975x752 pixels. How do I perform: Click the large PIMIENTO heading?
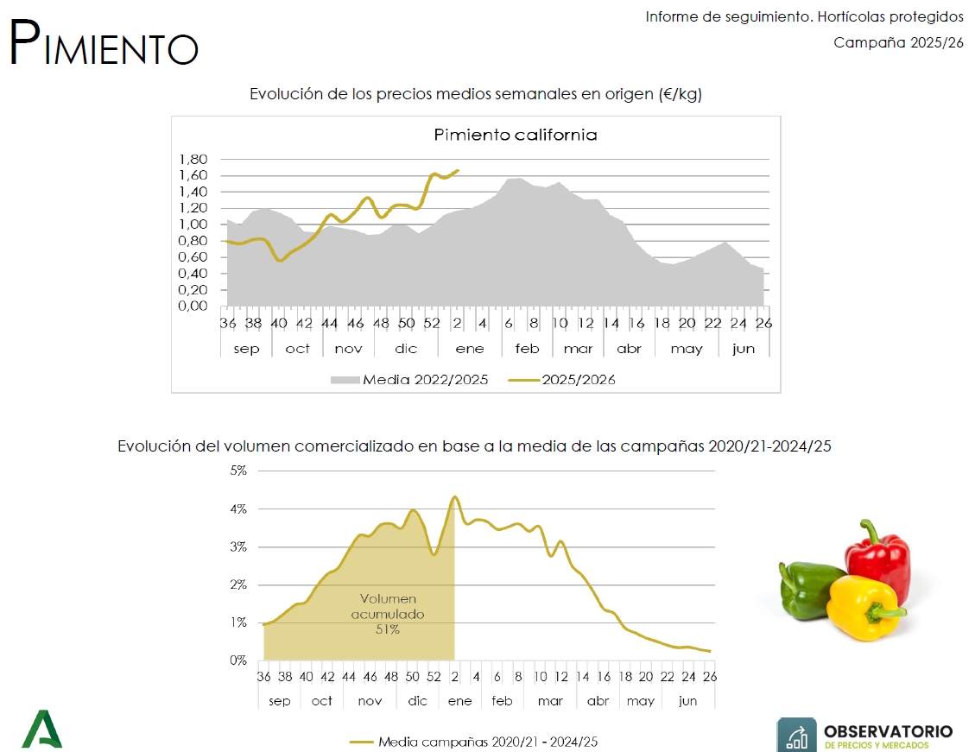[104, 42]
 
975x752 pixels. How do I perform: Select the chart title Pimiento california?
[516, 135]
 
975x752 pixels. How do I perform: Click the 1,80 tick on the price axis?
[193, 159]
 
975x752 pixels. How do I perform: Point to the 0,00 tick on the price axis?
[193, 306]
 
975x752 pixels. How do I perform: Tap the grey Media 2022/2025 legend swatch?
[345, 380]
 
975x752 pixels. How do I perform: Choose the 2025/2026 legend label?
[579, 380]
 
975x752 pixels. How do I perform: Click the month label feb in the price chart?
[527, 349]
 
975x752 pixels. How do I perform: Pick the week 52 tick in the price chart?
[432, 323]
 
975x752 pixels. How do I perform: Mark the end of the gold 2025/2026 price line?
[459, 170]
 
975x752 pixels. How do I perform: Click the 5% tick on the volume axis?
[238, 471]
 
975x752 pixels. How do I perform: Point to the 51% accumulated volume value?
[388, 629]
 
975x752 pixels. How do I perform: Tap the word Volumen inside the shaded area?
[388, 598]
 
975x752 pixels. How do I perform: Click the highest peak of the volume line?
[454, 496]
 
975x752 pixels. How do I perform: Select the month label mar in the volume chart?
[550, 701]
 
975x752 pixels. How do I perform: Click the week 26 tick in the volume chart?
[710, 676]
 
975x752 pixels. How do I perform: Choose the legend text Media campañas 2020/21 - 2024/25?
[488, 742]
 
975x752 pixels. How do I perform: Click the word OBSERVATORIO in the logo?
[888, 731]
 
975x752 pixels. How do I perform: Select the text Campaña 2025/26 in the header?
[898, 43]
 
